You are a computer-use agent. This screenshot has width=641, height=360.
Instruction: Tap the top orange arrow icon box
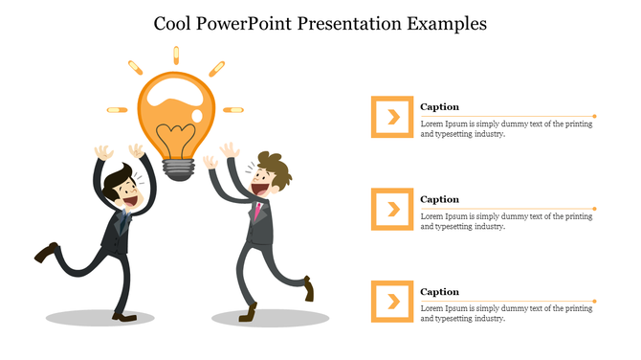coord(392,117)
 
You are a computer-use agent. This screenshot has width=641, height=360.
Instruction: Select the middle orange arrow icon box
coord(392,209)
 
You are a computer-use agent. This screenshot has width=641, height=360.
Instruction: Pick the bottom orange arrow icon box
coord(392,302)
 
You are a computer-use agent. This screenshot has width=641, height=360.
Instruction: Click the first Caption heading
coord(439,106)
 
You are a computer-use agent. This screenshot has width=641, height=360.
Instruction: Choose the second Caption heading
coord(439,199)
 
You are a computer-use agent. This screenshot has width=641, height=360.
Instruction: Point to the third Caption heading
coord(439,291)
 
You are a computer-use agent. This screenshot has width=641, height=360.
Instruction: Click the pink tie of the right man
coord(257,209)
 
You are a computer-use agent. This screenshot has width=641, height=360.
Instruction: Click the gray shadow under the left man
coord(100,317)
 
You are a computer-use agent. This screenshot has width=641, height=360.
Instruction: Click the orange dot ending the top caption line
coord(594,116)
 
